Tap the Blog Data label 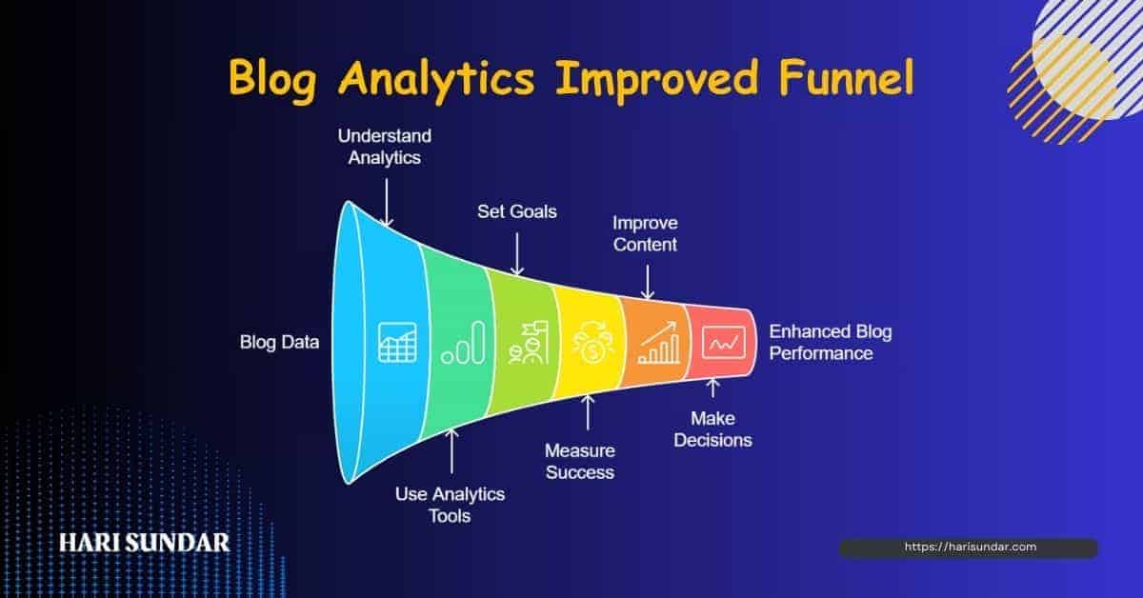point(279,342)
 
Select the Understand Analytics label point(384,147)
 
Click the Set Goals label point(516,210)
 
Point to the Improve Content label point(645,233)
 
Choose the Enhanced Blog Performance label point(830,343)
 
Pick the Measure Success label point(579,461)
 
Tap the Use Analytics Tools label point(450,505)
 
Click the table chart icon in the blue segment point(397,342)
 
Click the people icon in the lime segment point(527,344)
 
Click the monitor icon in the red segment point(722,341)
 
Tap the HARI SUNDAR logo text point(144,543)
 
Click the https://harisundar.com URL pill point(968,548)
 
